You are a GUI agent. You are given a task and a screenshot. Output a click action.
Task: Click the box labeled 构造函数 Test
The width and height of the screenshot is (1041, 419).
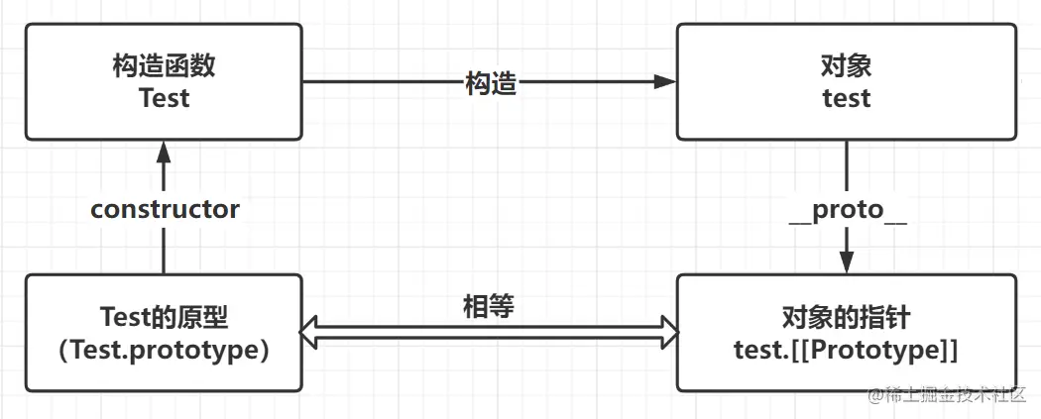pyautogui.click(x=164, y=82)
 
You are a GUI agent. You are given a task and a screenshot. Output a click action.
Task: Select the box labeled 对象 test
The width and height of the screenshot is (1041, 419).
pyautogui.click(x=846, y=82)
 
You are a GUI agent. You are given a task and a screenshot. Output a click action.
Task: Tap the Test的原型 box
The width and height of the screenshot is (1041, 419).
pyautogui.click(x=164, y=333)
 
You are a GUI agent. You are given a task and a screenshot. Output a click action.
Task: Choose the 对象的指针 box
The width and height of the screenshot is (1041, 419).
pyautogui.click(x=846, y=333)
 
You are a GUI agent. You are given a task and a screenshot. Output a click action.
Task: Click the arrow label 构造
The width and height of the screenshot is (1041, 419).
pyautogui.click(x=491, y=83)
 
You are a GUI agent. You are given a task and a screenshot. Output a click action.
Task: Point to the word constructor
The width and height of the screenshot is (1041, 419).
pyautogui.click(x=165, y=209)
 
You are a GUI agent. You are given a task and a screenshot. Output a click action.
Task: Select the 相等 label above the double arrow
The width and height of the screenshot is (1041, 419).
pyautogui.click(x=489, y=306)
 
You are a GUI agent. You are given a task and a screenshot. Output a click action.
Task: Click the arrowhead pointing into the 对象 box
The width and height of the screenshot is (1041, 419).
pyautogui.click(x=665, y=83)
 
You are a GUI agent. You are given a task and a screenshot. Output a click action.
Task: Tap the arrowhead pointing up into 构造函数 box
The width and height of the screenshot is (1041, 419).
pyautogui.click(x=165, y=151)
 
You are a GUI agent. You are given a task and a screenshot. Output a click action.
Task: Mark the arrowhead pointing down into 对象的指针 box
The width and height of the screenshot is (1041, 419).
pyautogui.click(x=847, y=263)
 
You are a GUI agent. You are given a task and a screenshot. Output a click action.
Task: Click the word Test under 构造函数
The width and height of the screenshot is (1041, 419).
pyautogui.click(x=164, y=98)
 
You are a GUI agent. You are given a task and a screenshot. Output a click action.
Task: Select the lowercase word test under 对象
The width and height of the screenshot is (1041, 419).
pyautogui.click(x=846, y=98)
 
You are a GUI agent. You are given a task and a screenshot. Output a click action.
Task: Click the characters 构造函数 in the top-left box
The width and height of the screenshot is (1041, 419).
pyautogui.click(x=164, y=67)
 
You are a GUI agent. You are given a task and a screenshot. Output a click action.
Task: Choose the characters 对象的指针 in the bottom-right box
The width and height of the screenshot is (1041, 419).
pyautogui.click(x=846, y=319)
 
